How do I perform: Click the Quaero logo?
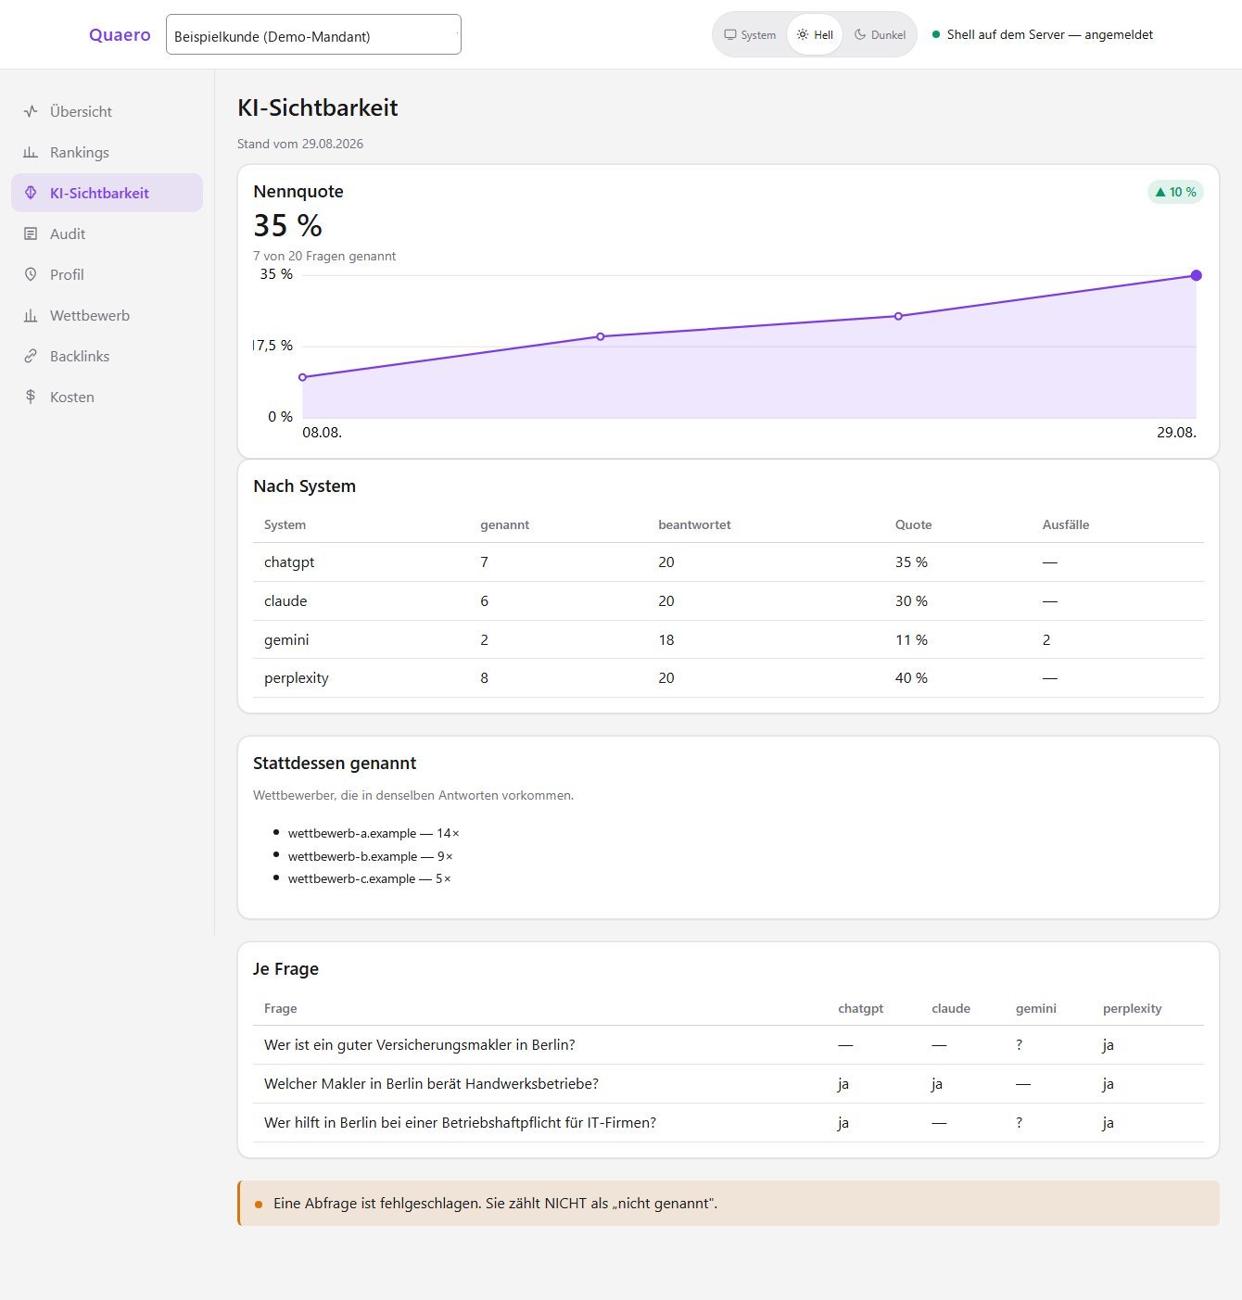pyautogui.click(x=120, y=34)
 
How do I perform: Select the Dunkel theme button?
pyautogui.click(x=880, y=34)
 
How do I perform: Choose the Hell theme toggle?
pyautogui.click(x=815, y=34)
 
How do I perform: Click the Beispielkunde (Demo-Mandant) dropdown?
pyautogui.click(x=313, y=34)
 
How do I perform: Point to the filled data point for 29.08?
pyautogui.click(x=1196, y=275)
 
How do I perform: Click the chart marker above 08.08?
pyautogui.click(x=303, y=377)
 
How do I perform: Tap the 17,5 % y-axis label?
pyautogui.click(x=272, y=346)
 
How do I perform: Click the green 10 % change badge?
pyautogui.click(x=1175, y=192)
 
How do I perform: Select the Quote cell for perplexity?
pyautogui.click(x=911, y=678)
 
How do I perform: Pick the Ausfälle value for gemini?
pyautogui.click(x=1046, y=640)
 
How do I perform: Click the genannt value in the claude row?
pyautogui.click(x=485, y=601)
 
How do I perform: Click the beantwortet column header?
pyautogui.click(x=694, y=525)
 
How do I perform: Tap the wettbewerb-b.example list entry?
pyautogui.click(x=370, y=856)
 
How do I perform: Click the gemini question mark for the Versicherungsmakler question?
pyautogui.click(x=1019, y=1045)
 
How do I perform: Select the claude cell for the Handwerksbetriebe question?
pyautogui.click(x=937, y=1083)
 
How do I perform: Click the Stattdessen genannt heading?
pyautogui.click(x=335, y=763)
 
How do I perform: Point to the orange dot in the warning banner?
pyautogui.click(x=259, y=1205)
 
